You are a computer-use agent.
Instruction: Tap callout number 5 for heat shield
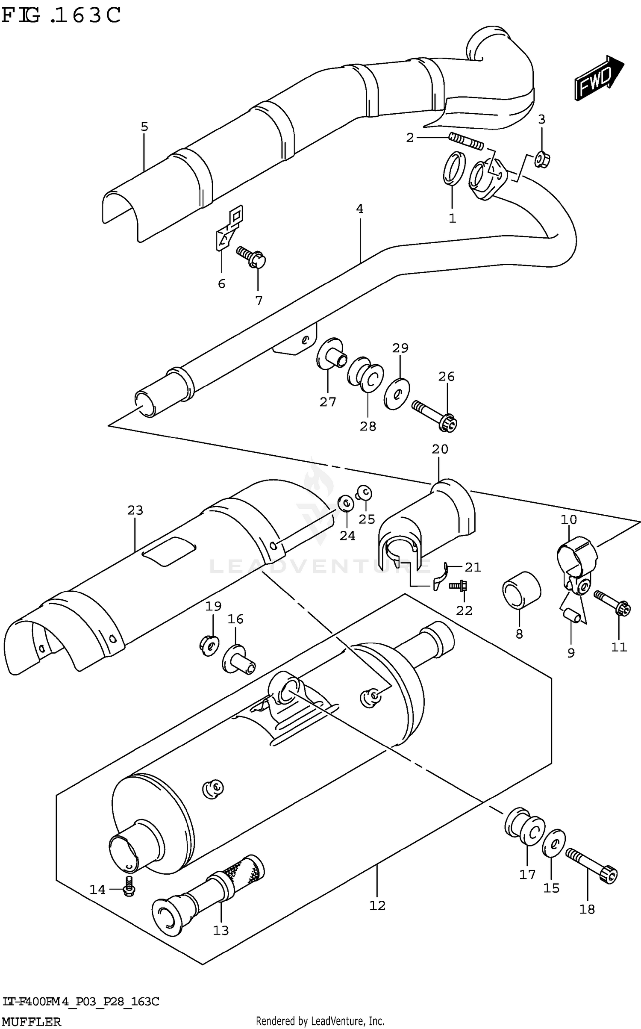pyautogui.click(x=144, y=127)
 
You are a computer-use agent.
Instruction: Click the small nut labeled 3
pyautogui.click(x=542, y=161)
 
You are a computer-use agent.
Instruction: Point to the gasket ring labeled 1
pyautogui.click(x=453, y=168)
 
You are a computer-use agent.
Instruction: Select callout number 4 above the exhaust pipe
pyautogui.click(x=360, y=209)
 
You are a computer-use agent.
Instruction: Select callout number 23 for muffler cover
pyautogui.click(x=135, y=510)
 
